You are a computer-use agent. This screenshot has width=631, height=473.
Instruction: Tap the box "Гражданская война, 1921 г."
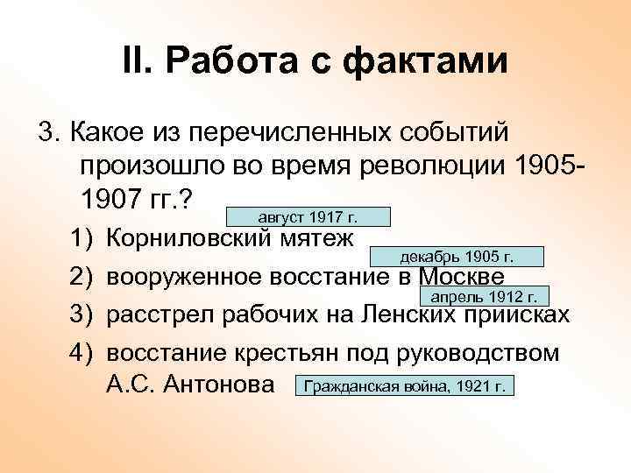click(x=405, y=385)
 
